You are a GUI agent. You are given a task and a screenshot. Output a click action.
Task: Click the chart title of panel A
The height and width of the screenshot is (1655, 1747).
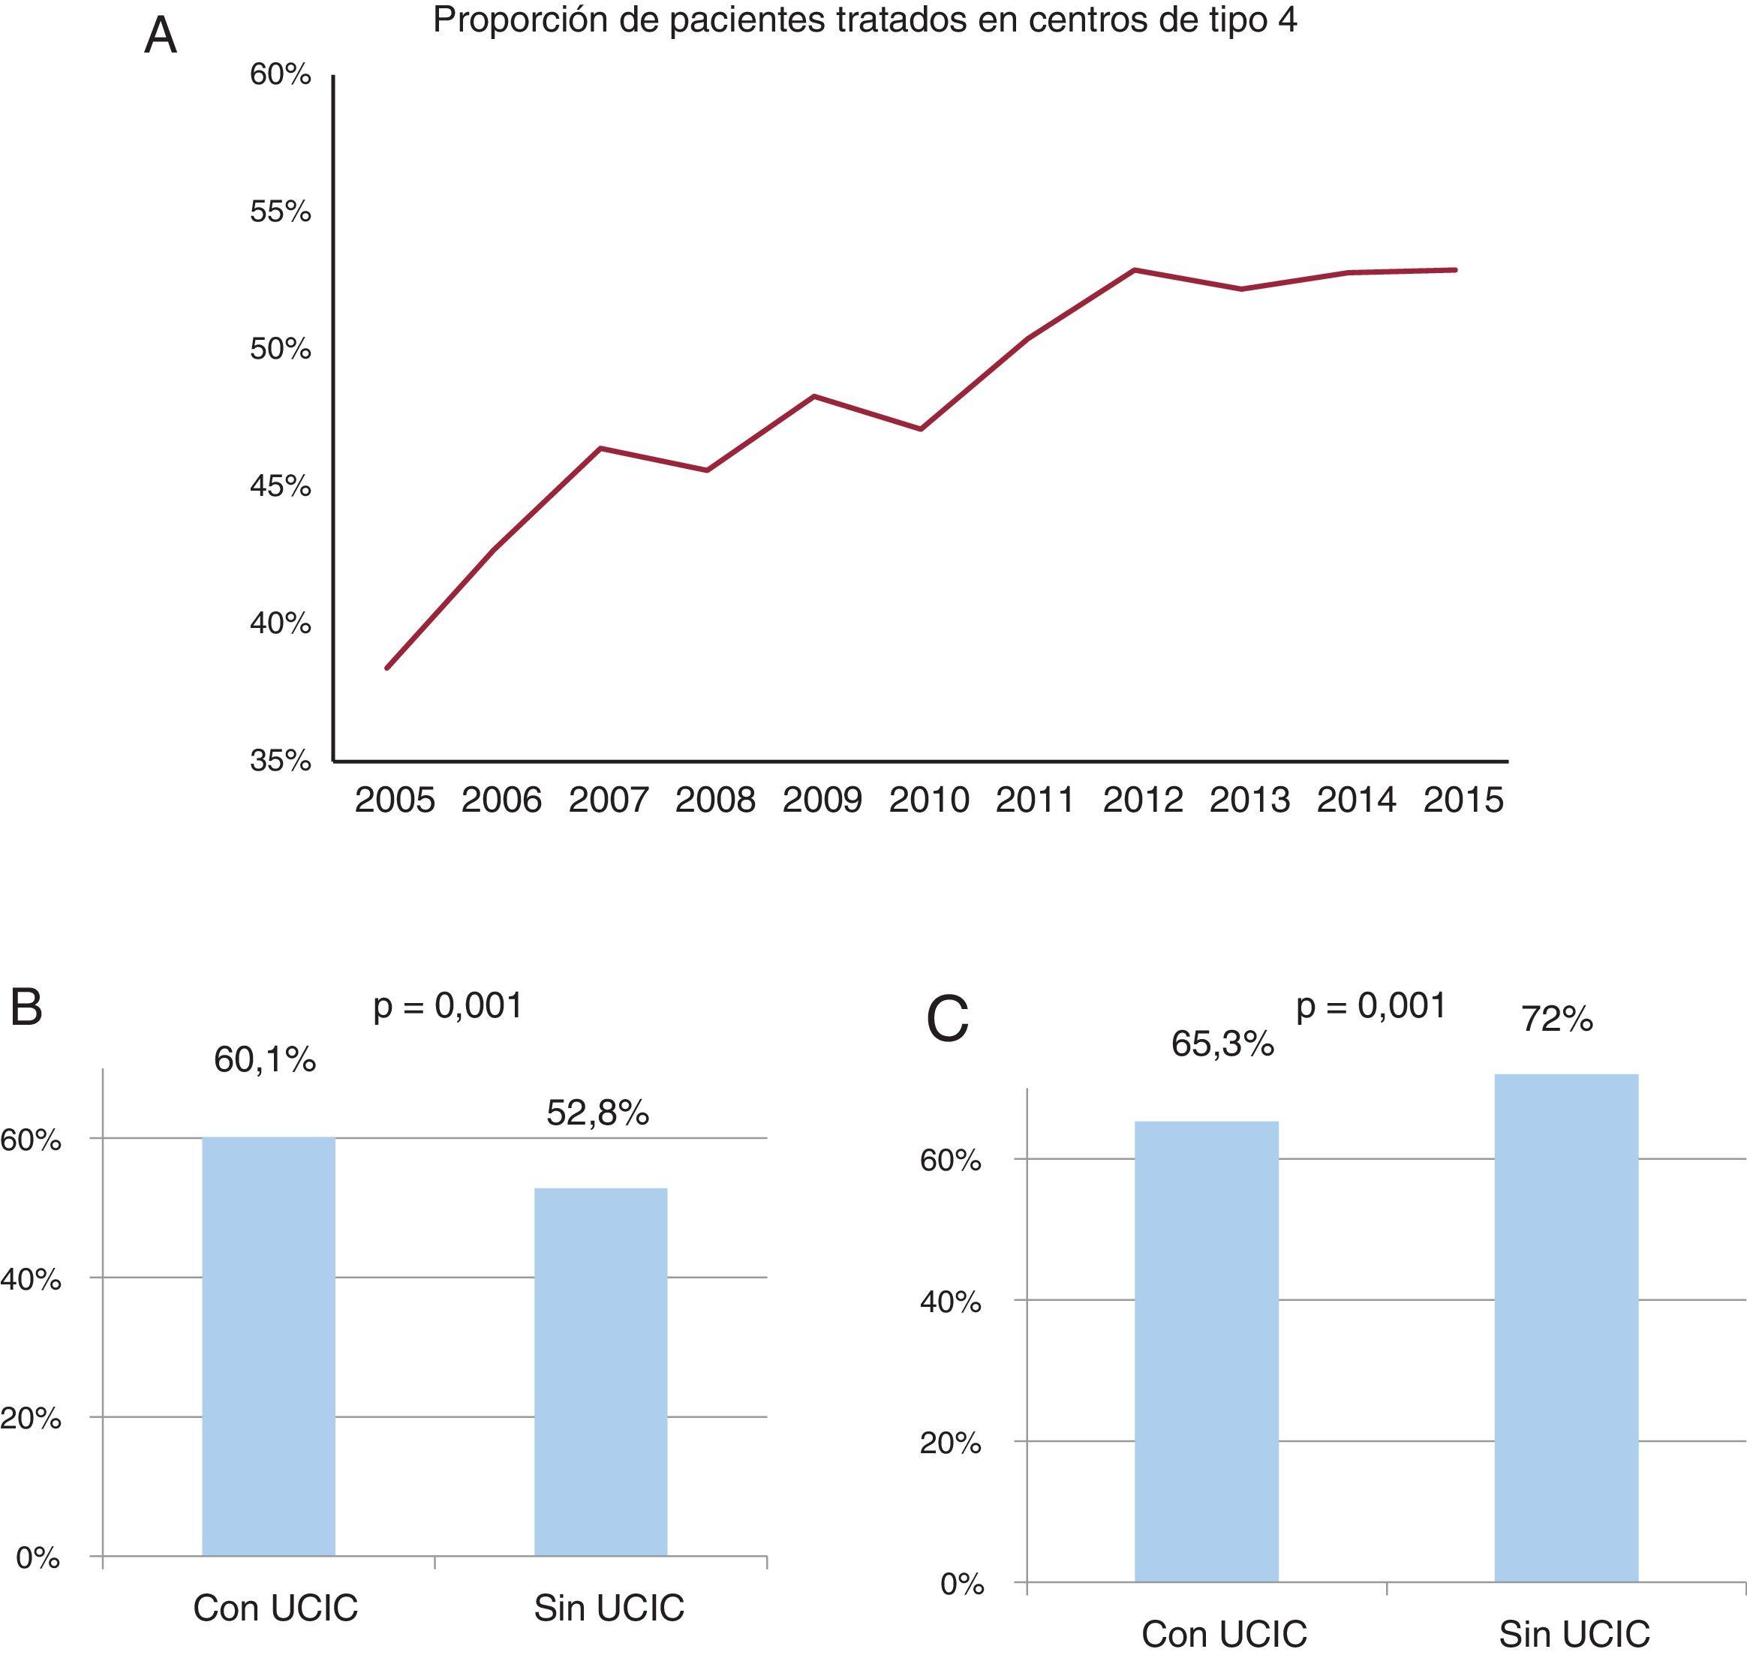pos(864,20)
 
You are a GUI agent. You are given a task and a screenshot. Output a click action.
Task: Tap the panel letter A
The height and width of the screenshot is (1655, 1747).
pos(161,37)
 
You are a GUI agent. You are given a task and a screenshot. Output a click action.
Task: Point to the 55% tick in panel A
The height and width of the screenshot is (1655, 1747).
pos(281,212)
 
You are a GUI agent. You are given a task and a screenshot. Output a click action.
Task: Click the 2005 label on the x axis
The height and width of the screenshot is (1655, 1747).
pos(395,800)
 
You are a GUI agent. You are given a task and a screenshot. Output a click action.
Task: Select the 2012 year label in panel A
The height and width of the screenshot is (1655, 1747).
pos(1143,800)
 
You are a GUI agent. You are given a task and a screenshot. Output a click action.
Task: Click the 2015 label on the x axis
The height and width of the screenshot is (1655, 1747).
pos(1463,800)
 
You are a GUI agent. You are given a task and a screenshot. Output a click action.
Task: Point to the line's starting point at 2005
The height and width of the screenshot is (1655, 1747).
pos(387,668)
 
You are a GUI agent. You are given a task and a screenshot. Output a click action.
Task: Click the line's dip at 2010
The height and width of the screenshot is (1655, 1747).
pos(921,428)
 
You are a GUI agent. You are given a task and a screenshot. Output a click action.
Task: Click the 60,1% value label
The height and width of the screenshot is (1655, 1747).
pos(265,1059)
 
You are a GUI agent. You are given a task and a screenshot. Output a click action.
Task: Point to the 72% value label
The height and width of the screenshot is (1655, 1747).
pos(1557,1020)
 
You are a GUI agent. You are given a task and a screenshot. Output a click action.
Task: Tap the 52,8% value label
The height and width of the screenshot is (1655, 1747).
pos(597,1113)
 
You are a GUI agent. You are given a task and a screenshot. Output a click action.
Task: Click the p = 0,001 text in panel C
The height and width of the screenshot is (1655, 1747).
pos(1371,1006)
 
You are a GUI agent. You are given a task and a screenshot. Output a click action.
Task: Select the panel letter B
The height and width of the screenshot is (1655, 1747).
pos(26,1008)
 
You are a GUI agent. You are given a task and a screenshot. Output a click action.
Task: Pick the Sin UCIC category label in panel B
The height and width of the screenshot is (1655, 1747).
pos(609,1608)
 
